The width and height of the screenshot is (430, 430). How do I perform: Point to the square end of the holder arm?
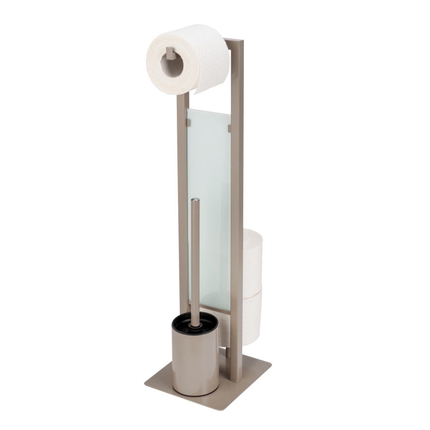point(170,54)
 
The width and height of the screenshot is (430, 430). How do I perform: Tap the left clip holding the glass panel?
point(189,120)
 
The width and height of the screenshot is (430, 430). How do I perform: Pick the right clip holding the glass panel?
point(229,128)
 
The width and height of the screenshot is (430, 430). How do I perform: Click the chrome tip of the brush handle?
point(196,201)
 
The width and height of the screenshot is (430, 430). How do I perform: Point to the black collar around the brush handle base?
point(197,322)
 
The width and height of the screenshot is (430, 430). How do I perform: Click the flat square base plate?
point(238,381)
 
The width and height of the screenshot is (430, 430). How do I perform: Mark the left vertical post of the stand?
point(182,198)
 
